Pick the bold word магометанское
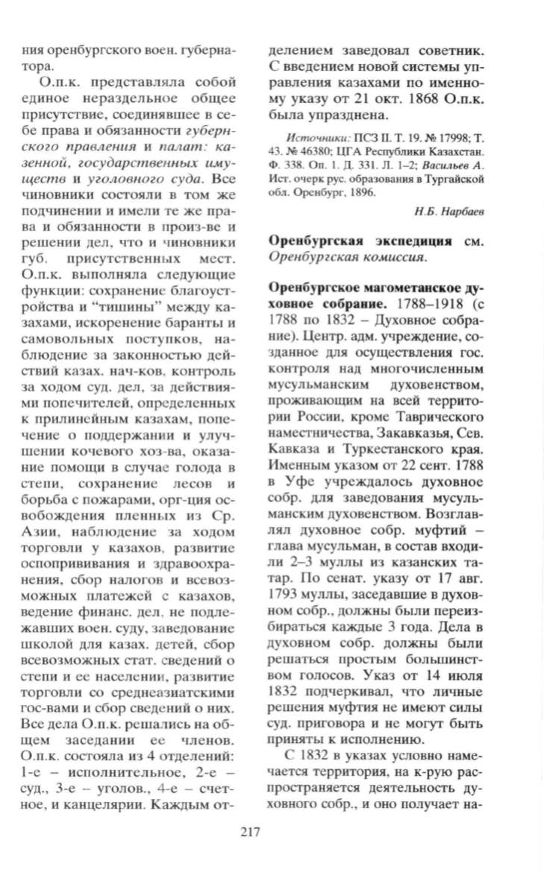coord(408,285)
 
